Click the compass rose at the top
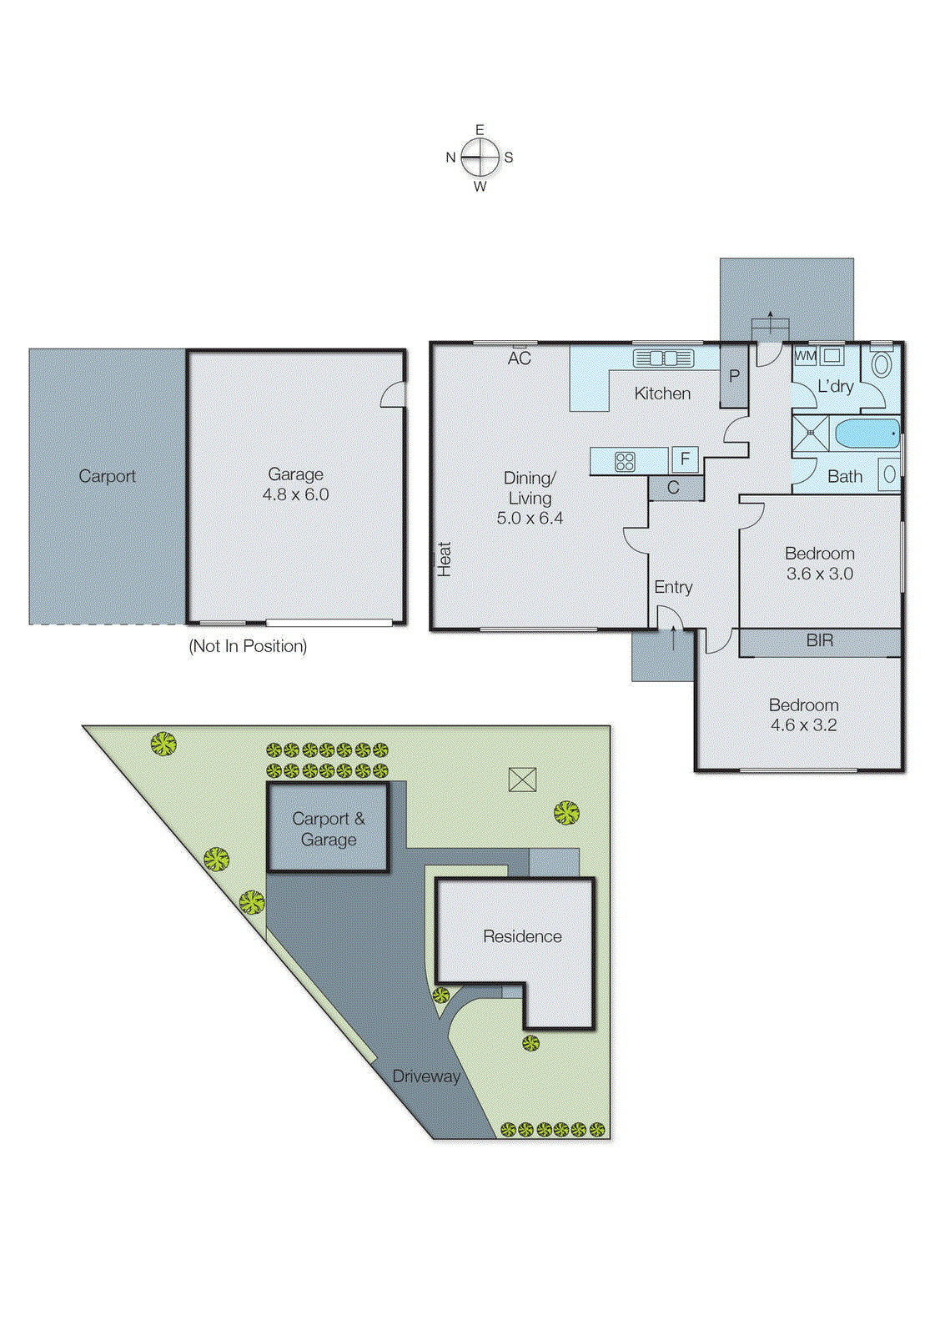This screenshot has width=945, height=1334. (x=480, y=157)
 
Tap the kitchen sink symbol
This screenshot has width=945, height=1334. (x=663, y=359)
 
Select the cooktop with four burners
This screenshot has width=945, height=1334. (x=625, y=461)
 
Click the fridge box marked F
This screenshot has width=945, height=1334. (x=685, y=459)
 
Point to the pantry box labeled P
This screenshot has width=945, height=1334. (x=734, y=376)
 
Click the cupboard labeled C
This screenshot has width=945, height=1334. (x=674, y=488)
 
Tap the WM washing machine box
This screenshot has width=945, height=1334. (x=805, y=356)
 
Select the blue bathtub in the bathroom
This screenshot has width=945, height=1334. (x=867, y=434)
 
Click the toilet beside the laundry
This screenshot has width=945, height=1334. (x=882, y=364)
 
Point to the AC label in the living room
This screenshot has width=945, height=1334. (x=519, y=359)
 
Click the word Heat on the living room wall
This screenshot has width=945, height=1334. (x=445, y=559)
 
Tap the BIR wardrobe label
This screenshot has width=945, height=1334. (x=819, y=640)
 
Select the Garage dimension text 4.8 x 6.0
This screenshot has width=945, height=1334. (x=295, y=494)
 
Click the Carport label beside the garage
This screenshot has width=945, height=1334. (x=107, y=476)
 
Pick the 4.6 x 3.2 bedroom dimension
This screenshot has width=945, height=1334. (x=803, y=725)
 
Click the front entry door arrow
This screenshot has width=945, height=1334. (x=674, y=639)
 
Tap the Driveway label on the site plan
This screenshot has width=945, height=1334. (x=426, y=1076)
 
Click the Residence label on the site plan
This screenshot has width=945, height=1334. (x=522, y=936)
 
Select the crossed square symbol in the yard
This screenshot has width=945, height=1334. (x=522, y=780)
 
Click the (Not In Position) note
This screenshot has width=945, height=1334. (x=248, y=646)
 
